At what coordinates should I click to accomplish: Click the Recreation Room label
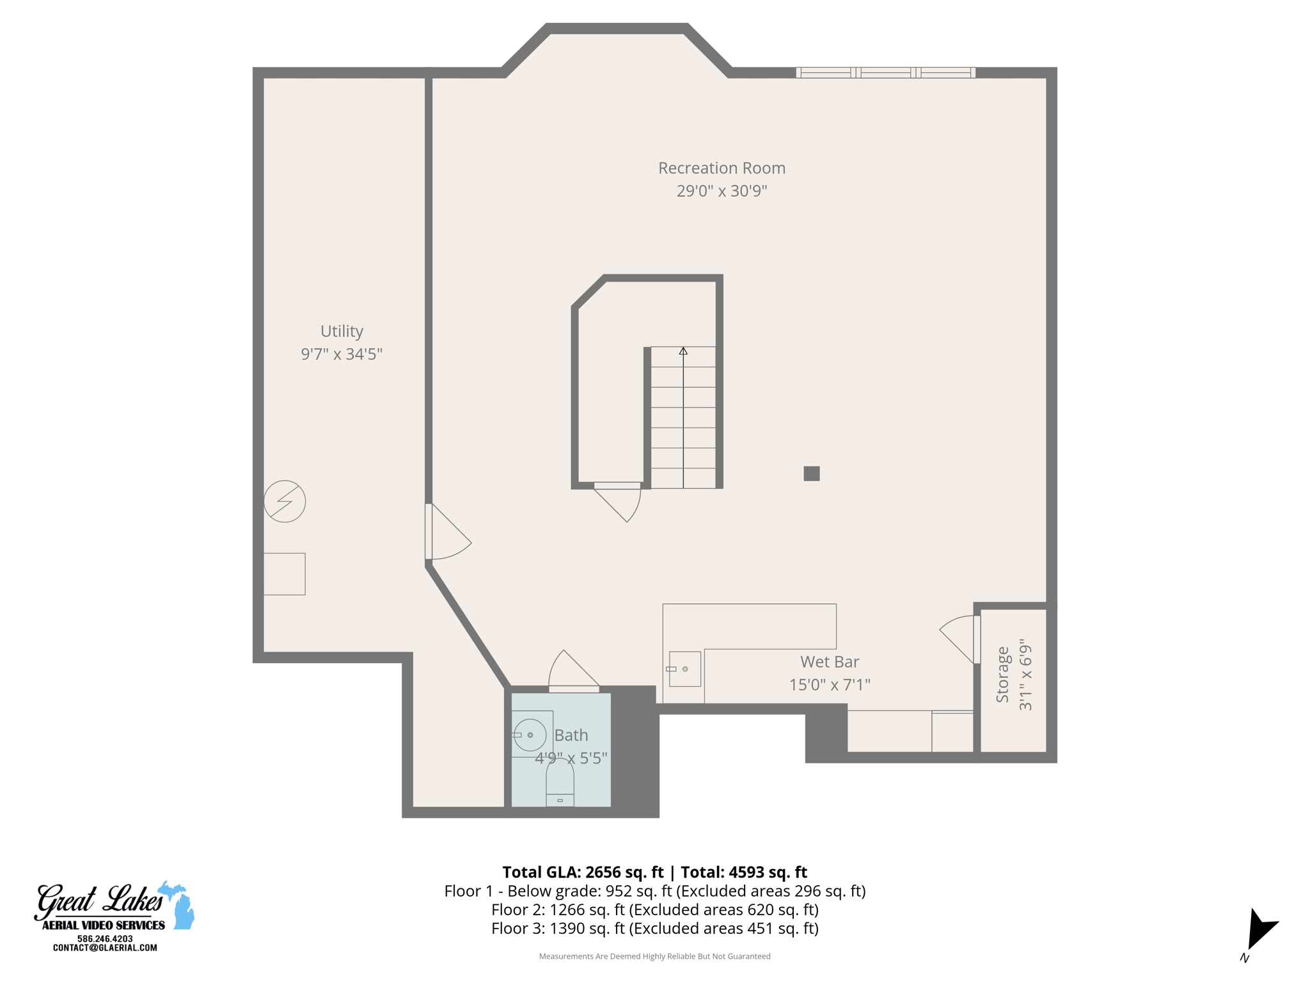click(x=722, y=168)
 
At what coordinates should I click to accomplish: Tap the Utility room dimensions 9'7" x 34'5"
click(x=342, y=354)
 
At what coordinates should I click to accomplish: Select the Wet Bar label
click(x=829, y=662)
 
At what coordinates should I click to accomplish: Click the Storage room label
click(x=1002, y=675)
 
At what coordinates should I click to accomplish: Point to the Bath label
click(x=571, y=735)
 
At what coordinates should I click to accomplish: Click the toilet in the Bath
click(x=560, y=784)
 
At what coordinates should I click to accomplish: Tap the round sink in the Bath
click(x=530, y=735)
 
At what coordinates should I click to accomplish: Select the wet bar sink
click(x=684, y=669)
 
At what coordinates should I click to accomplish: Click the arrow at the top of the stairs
click(x=683, y=351)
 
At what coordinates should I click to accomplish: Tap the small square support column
click(x=812, y=474)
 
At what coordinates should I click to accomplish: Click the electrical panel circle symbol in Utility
click(x=285, y=501)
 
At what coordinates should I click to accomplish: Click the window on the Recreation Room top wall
click(x=885, y=73)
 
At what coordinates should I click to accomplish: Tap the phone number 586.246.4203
click(x=105, y=939)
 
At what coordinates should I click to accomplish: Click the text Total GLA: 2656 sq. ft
click(x=583, y=872)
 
